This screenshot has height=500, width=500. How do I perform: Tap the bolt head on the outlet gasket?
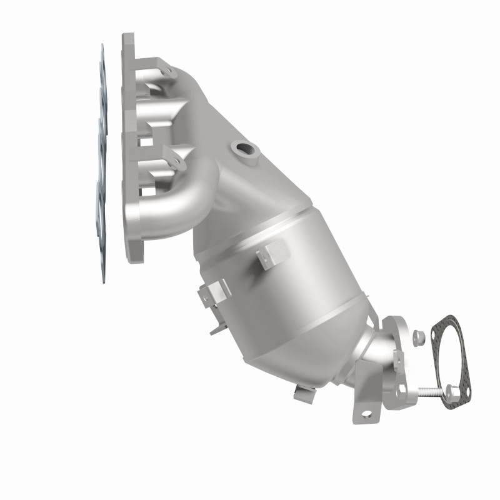[x=451, y=392]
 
